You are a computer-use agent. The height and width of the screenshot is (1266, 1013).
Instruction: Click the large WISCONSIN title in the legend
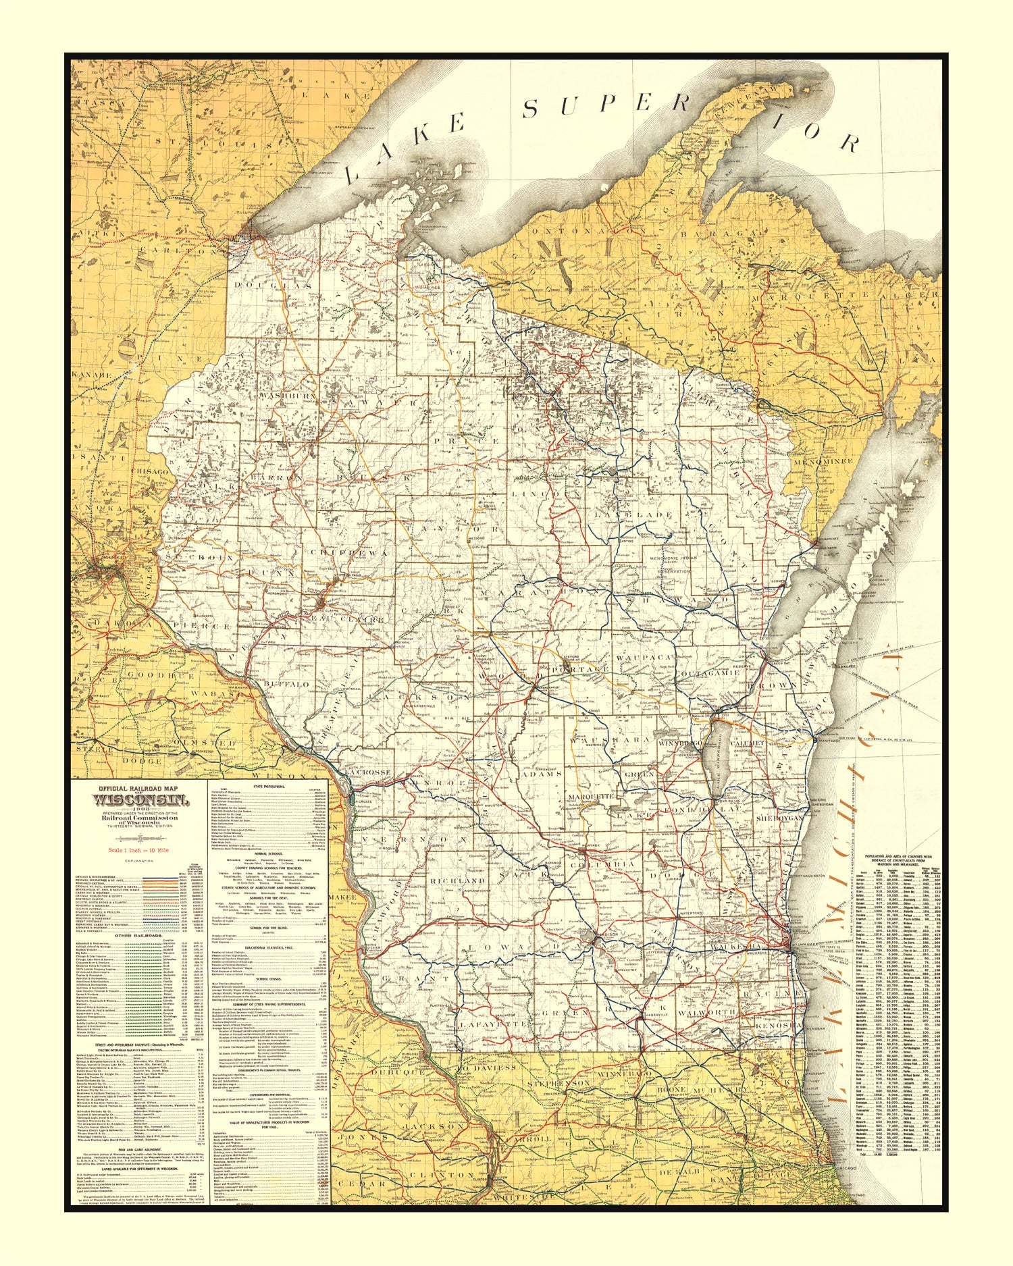click(132, 801)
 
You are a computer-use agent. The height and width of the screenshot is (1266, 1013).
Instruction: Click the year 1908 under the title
click(132, 809)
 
